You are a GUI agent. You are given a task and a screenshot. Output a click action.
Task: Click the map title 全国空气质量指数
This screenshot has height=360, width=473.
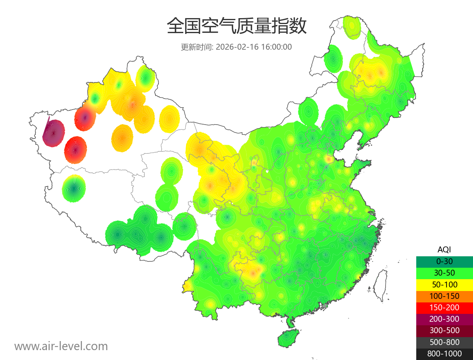point(236,26)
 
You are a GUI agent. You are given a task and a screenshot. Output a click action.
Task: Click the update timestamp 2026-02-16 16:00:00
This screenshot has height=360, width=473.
point(254,47)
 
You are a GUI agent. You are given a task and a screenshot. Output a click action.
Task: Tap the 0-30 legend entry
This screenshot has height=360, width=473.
point(444,261)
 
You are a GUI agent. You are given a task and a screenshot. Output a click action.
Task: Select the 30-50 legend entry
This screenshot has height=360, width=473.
point(444,273)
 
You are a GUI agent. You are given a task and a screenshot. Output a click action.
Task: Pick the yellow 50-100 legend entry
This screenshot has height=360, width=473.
point(444,284)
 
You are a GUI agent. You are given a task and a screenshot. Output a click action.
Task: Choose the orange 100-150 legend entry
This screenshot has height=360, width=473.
point(444,296)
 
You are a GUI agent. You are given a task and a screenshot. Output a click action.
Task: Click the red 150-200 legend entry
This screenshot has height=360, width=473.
point(444,308)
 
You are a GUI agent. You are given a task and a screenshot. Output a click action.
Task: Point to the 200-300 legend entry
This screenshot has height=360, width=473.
point(444,319)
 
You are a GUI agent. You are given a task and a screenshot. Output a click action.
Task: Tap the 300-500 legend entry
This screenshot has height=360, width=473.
point(444,330)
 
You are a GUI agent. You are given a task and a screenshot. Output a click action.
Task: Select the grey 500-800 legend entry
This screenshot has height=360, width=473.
point(444,342)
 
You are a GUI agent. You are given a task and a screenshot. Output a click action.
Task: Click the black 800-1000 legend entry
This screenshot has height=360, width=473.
point(444,354)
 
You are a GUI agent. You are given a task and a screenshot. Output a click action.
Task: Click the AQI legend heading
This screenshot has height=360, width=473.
point(444,250)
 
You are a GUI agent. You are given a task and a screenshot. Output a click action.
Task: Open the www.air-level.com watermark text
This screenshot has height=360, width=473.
point(61,346)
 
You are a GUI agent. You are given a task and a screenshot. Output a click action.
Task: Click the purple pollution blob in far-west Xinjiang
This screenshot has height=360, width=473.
point(54,133)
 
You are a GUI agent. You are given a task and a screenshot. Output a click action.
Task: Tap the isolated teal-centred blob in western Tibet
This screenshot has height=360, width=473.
point(74,188)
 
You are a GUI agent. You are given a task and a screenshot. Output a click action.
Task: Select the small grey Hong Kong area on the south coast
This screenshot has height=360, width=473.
point(325,305)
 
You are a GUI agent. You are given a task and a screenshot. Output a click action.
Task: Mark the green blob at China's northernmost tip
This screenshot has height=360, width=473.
point(352,27)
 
